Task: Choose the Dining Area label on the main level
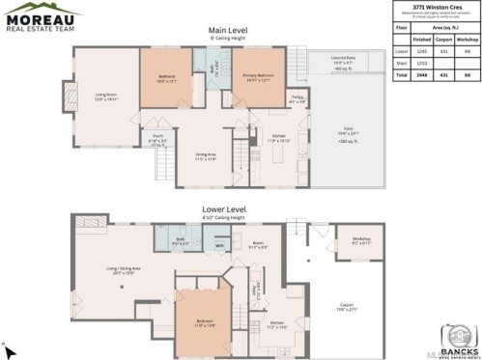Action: point(205,156)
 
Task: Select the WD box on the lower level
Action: point(220,246)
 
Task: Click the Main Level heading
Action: point(228,31)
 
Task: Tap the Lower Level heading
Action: point(227,208)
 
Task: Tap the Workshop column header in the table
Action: point(467,39)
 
